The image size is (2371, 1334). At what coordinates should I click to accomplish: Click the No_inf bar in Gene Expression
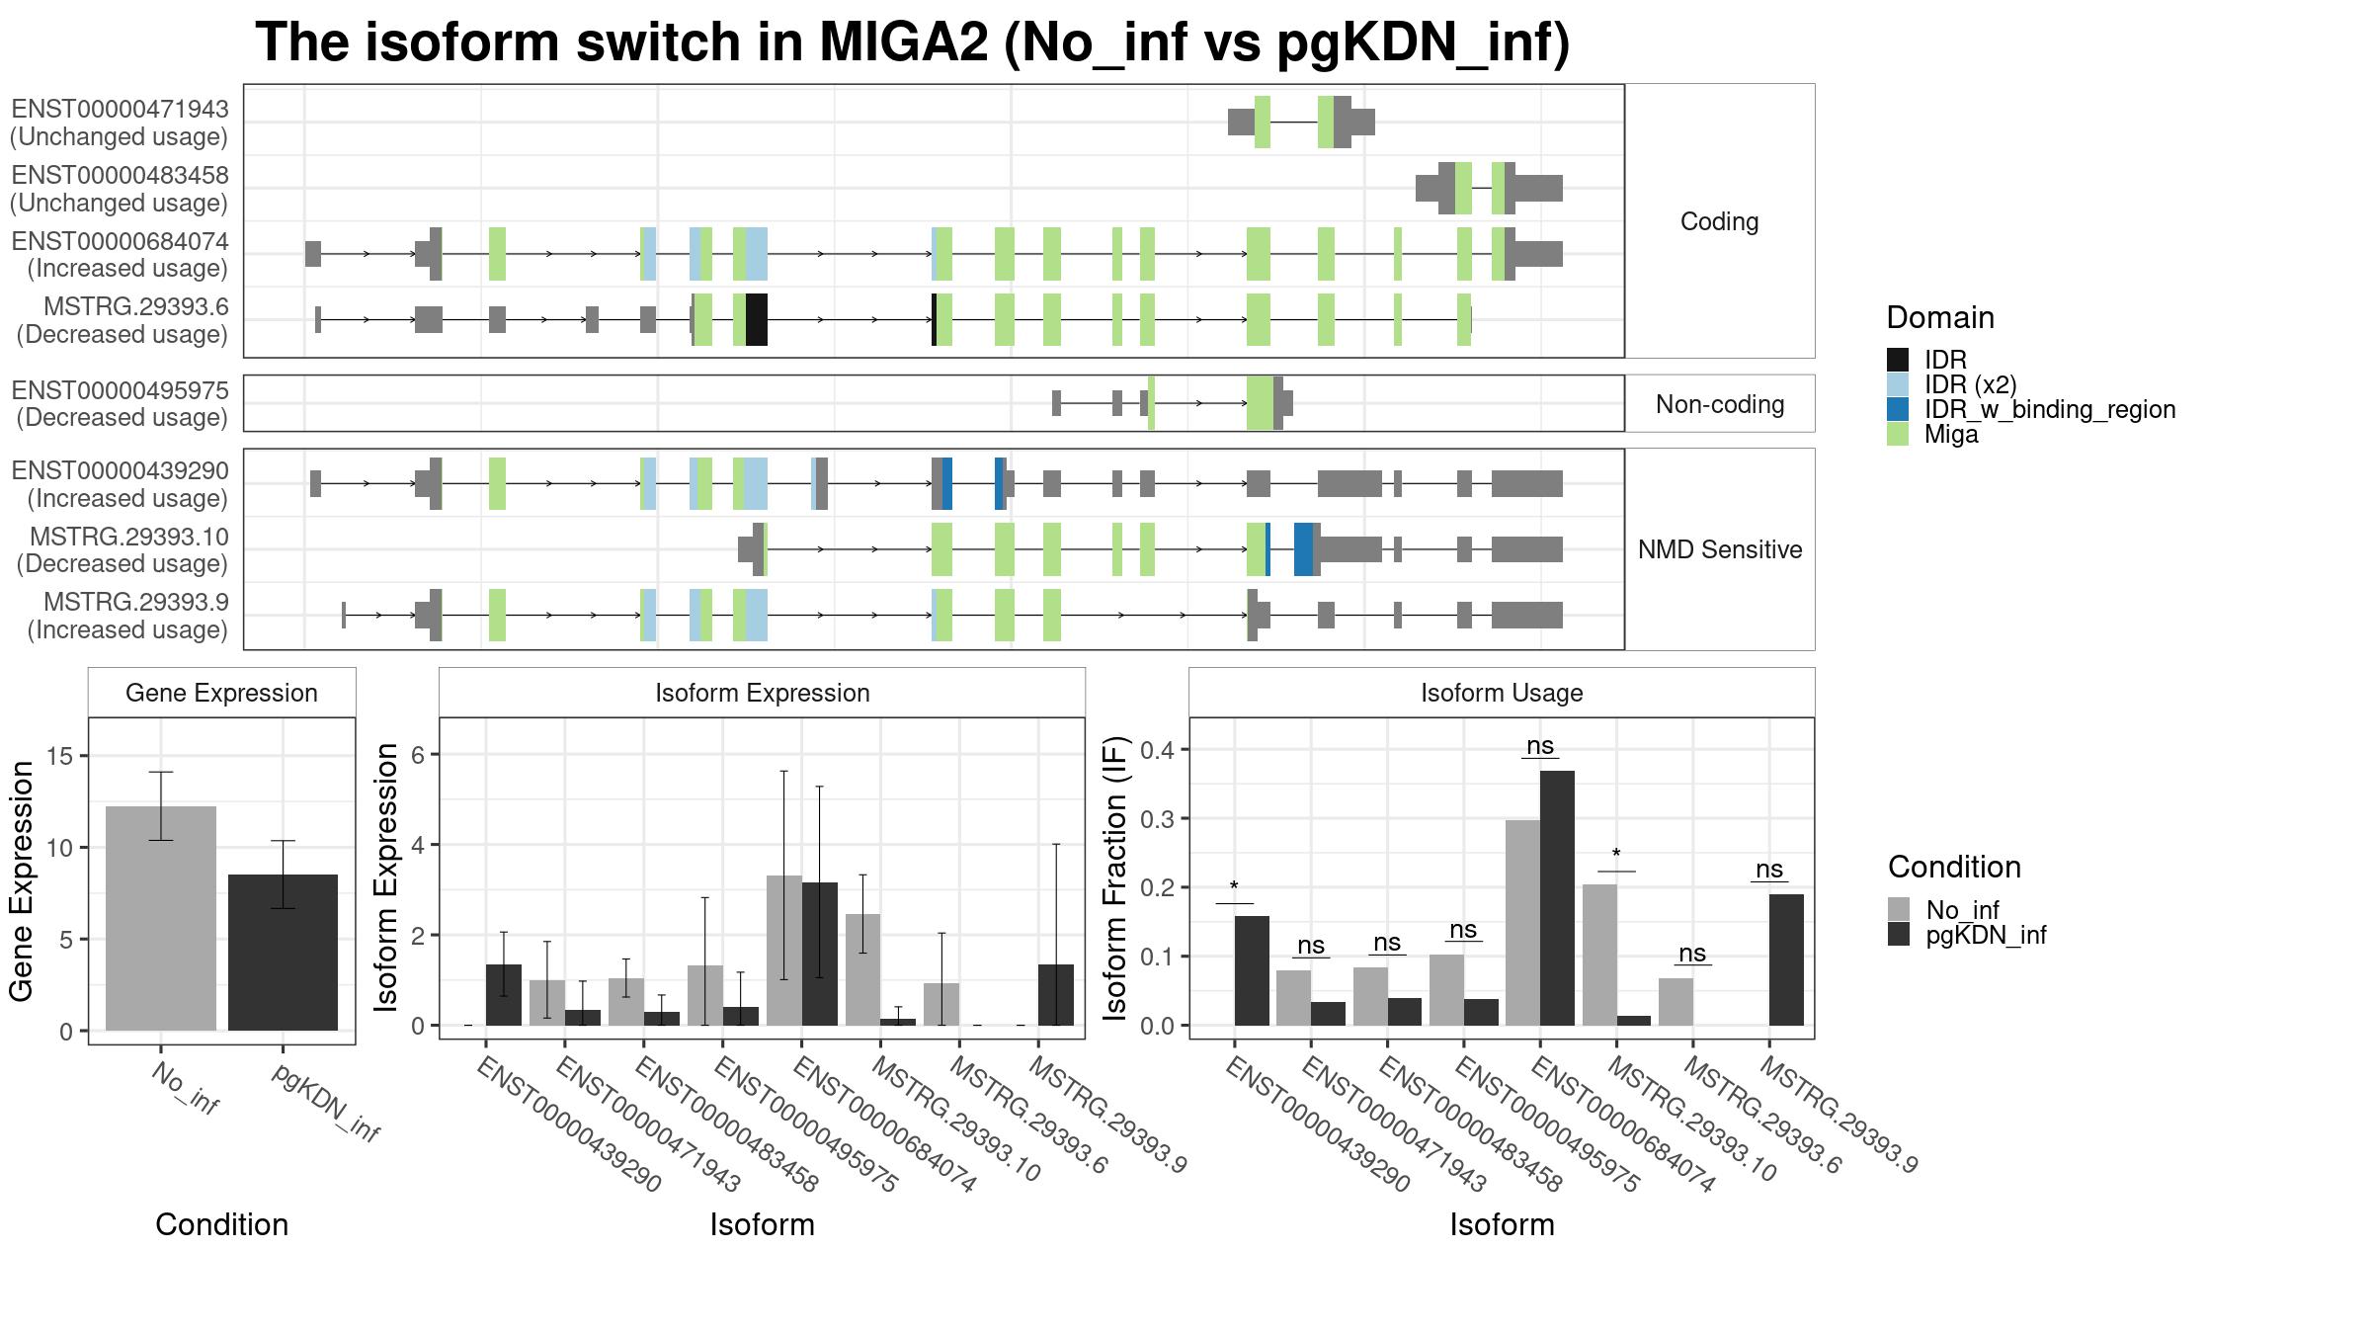click(x=160, y=918)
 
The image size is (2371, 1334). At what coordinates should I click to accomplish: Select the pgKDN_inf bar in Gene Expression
click(x=283, y=953)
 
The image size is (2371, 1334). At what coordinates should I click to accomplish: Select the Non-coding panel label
click(x=1720, y=404)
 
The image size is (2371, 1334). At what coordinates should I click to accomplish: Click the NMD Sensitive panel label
click(x=1720, y=549)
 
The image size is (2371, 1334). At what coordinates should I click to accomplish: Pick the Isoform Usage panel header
click(x=1502, y=693)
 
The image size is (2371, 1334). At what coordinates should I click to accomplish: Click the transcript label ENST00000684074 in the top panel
click(x=120, y=241)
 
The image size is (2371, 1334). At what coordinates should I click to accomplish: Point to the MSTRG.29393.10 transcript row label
click(x=128, y=537)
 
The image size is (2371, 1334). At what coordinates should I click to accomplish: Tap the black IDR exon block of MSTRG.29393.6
click(x=757, y=319)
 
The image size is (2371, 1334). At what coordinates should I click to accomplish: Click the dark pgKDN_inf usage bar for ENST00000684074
click(x=1557, y=898)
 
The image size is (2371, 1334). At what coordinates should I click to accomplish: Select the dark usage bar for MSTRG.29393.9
click(x=1786, y=959)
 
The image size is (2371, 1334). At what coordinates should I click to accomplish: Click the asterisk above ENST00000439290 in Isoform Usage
click(x=1234, y=886)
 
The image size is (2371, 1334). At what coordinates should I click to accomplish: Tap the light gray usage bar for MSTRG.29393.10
click(x=1599, y=955)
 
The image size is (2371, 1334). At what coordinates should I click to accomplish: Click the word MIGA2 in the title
click(x=904, y=42)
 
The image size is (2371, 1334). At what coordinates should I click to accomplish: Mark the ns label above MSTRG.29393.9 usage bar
click(x=1769, y=869)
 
